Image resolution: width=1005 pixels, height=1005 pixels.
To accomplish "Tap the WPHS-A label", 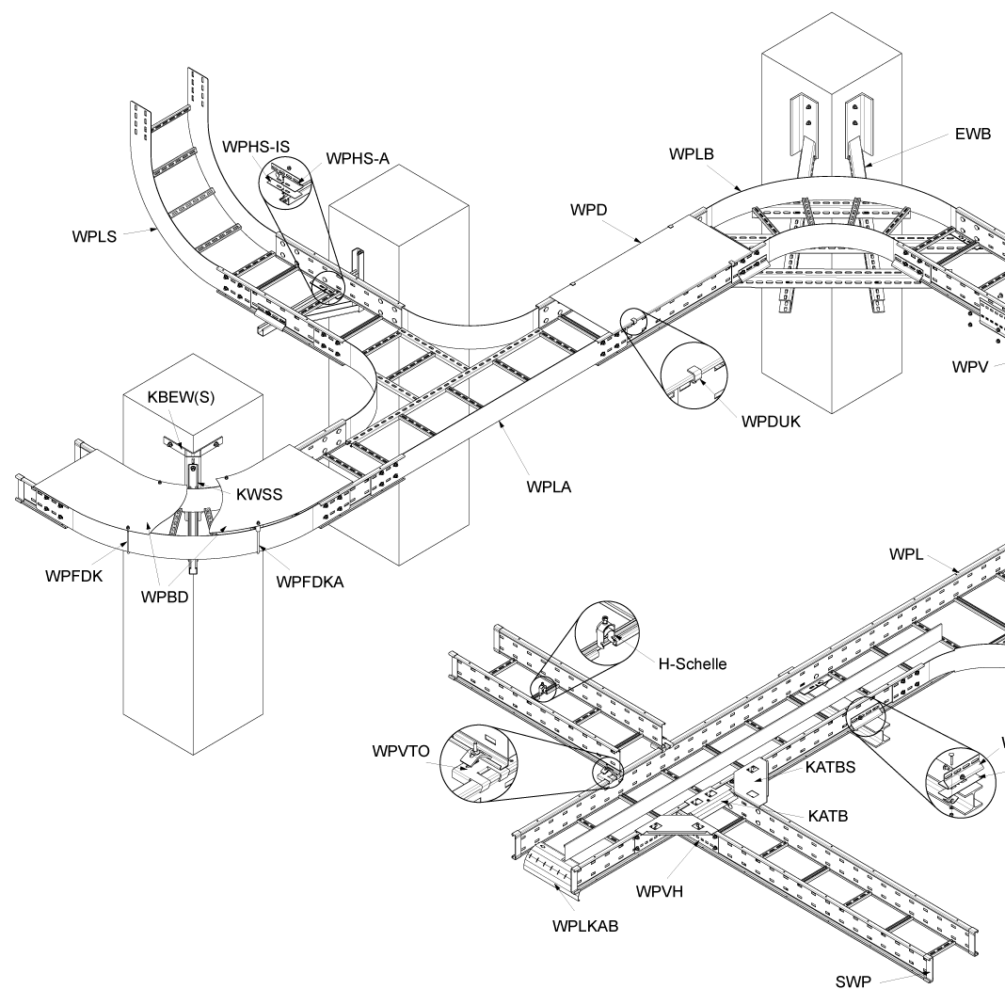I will click(358, 158).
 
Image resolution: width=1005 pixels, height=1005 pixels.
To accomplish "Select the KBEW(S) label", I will click(181, 396).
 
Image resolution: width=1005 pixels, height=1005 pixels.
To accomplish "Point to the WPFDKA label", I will click(311, 582).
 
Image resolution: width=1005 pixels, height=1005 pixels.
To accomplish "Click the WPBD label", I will click(166, 598).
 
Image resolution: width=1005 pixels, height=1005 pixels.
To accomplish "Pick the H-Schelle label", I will click(696, 663).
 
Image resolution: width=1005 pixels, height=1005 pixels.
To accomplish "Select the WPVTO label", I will click(401, 752).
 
